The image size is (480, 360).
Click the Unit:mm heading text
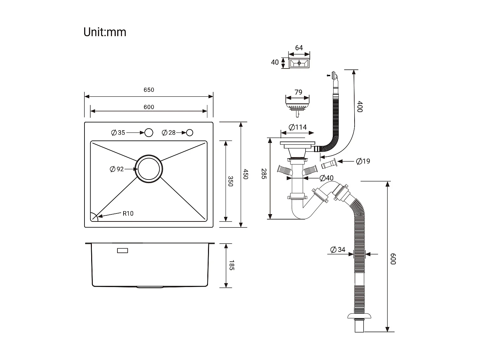(105, 32)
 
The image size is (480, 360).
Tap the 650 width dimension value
(149, 90)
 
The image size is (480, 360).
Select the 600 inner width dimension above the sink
(149, 107)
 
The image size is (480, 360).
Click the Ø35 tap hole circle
(149, 132)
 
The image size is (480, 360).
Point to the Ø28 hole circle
(190, 132)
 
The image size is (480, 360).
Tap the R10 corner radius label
(128, 213)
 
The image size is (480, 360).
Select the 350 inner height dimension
(230, 181)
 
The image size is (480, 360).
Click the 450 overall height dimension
(245, 174)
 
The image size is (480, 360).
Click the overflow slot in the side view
(123, 251)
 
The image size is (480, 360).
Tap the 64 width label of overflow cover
(299, 48)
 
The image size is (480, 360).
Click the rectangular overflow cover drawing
(299, 63)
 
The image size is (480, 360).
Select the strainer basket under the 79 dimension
(298, 106)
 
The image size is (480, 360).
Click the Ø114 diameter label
(298, 127)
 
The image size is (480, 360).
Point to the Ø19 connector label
(363, 161)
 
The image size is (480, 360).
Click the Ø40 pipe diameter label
(326, 178)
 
